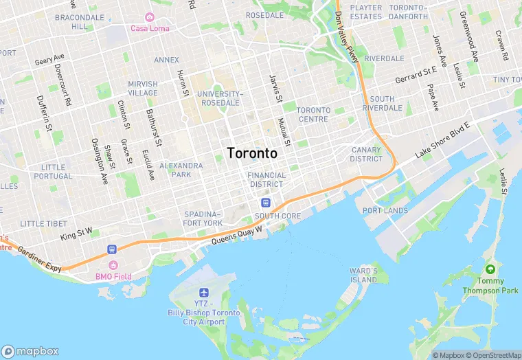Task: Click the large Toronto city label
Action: tap(252, 153)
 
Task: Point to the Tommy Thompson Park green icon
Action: tap(490, 268)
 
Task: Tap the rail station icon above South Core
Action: tap(265, 203)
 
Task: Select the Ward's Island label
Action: tap(363, 275)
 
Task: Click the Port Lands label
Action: tap(385, 211)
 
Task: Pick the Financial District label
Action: tap(266, 179)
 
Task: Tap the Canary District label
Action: tap(366, 154)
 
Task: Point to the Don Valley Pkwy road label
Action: tap(347, 38)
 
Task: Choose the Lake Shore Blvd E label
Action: tap(443, 142)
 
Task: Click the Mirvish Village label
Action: tap(143, 88)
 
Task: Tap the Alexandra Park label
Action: tap(181, 170)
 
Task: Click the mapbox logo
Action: tap(30, 351)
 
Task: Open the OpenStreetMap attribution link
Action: tap(492, 355)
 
